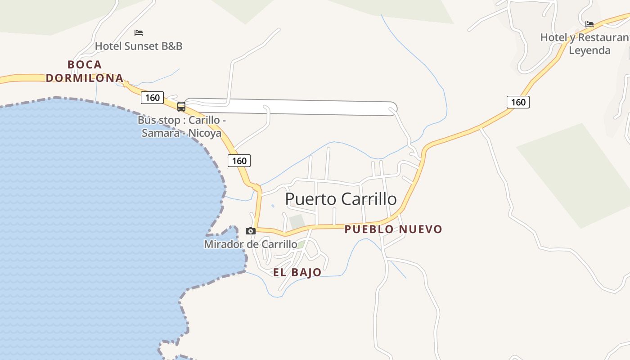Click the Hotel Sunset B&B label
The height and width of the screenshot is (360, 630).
tap(139, 46)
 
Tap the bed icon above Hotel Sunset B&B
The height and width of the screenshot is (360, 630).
tap(139, 33)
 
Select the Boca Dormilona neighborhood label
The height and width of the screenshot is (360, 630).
tap(85, 71)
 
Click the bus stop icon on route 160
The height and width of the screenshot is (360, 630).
tap(181, 107)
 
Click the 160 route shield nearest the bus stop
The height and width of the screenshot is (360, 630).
tap(152, 98)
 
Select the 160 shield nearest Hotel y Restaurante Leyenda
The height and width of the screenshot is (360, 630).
tap(518, 102)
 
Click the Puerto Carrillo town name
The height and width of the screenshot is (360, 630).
tap(341, 199)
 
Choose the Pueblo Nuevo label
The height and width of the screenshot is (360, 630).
tap(393, 229)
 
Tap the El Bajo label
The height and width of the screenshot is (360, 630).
tap(297, 272)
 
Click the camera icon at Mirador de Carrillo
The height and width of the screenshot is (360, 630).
tap(251, 231)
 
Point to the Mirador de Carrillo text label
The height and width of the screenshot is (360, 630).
tap(251, 244)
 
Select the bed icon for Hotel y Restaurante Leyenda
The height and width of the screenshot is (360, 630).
tap(589, 24)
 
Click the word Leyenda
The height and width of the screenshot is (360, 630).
tap(589, 50)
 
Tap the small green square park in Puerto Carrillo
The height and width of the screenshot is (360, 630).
tap(297, 222)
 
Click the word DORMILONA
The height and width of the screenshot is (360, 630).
tap(85, 78)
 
